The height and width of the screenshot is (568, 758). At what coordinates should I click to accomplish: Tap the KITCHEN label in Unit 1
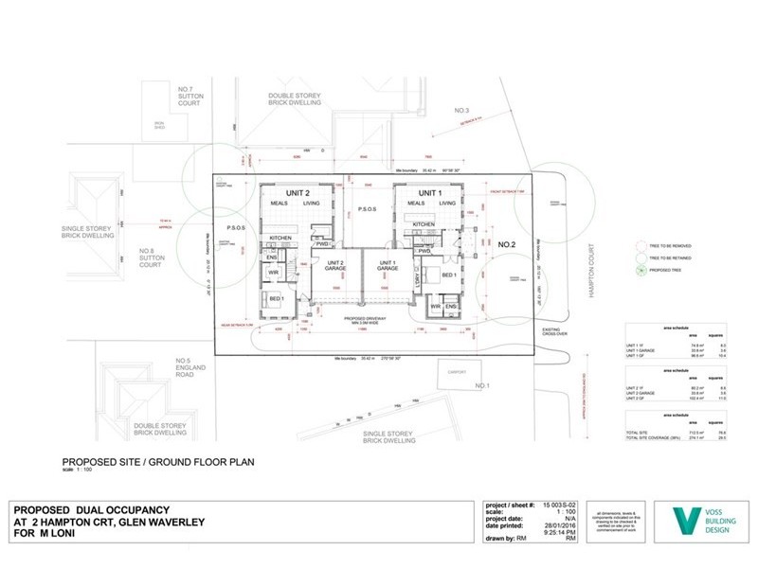pyautogui.click(x=424, y=224)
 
